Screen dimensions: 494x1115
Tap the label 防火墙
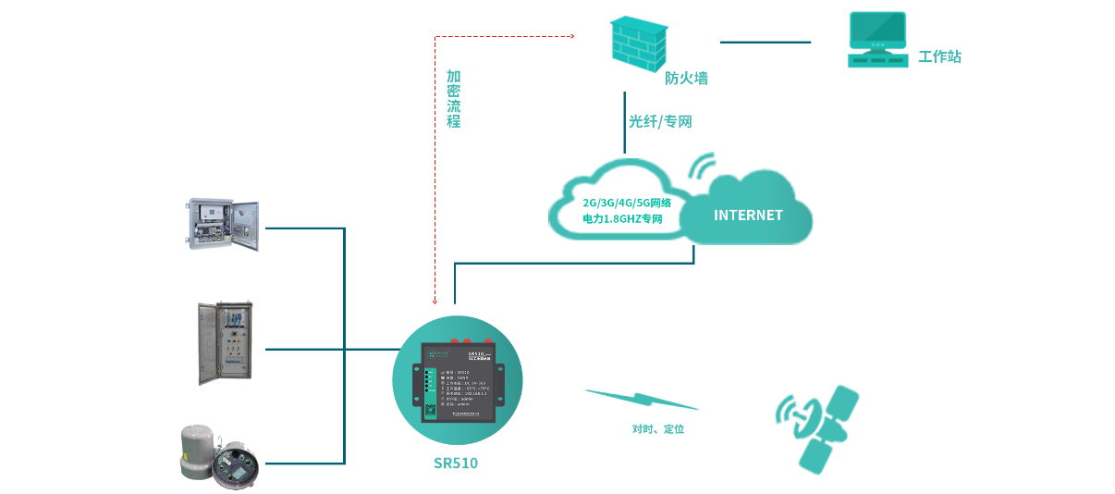coord(686,79)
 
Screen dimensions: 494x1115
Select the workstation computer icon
coord(877,40)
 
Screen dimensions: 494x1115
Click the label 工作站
coord(939,57)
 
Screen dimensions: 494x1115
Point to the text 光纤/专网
coord(660,121)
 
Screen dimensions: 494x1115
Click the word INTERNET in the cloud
coord(748,216)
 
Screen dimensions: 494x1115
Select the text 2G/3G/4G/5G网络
coord(627,203)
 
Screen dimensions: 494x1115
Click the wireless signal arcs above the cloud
coord(703,166)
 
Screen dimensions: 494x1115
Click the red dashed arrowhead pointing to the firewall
coord(571,37)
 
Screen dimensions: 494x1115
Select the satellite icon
coord(817,426)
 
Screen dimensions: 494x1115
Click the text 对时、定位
coord(658,429)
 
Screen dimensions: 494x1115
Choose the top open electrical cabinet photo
coord(222,225)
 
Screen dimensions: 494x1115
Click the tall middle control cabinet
coord(225,343)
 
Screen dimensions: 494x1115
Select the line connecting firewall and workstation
coord(765,43)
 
